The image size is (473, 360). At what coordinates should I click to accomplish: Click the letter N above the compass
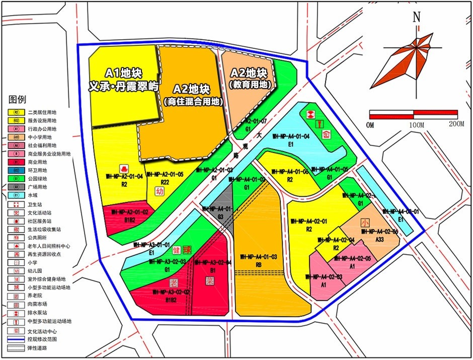point(417,17)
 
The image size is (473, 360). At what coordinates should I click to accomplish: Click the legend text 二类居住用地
point(43,112)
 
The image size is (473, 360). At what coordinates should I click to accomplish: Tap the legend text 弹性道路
point(37,347)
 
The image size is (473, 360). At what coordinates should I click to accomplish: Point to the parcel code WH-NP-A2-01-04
point(124,177)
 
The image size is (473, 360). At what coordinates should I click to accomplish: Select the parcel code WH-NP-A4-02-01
point(309,221)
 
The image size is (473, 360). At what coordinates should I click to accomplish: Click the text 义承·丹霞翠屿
point(124,87)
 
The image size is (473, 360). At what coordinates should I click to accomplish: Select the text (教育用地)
point(250,85)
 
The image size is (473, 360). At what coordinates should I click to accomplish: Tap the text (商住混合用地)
point(193,101)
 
